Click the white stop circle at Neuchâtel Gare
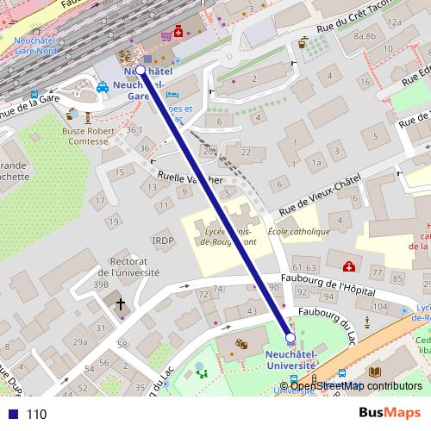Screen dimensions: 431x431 point(141,70)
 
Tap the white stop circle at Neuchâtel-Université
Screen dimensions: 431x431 point(290,338)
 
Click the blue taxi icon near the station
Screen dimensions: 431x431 point(103,87)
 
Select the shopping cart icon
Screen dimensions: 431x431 point(166,35)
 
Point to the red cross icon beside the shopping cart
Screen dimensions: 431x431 point(179,33)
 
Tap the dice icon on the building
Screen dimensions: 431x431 point(242,344)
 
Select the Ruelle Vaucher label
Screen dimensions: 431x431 point(191,179)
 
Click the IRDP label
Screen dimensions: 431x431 point(163,240)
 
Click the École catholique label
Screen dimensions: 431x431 point(299,232)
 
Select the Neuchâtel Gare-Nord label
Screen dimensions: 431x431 point(35,46)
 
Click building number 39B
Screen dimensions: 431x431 point(102,284)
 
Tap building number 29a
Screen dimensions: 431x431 point(79,342)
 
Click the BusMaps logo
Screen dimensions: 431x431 point(390,413)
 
